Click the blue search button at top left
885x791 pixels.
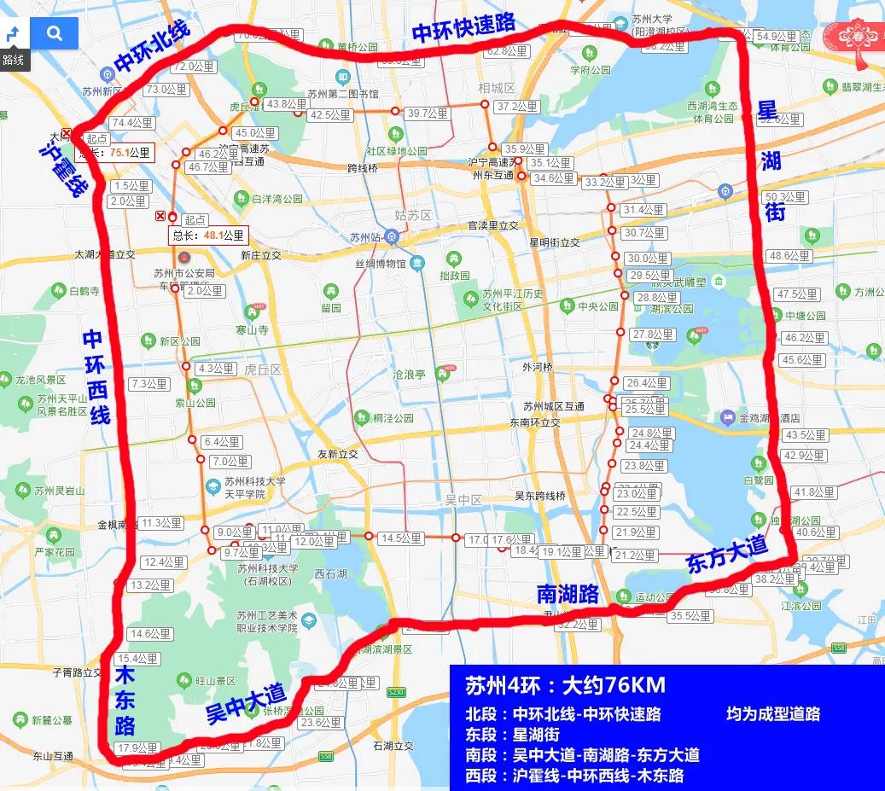(55, 33)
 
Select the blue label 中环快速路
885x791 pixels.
(463, 26)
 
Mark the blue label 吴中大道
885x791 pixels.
(246, 702)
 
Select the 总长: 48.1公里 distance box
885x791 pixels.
(209, 235)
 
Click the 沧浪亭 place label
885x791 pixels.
(407, 374)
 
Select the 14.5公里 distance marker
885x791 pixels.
(401, 538)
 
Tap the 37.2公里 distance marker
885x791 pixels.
(517, 107)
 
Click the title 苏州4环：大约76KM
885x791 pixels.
(565, 685)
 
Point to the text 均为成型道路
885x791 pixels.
(773, 713)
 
